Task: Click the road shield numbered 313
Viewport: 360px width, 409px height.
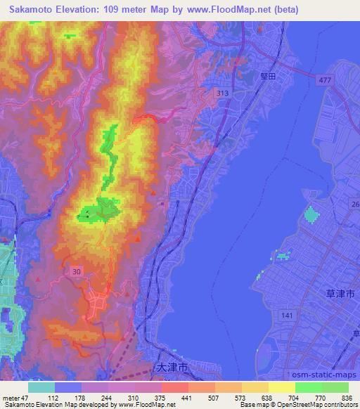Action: [x=223, y=93]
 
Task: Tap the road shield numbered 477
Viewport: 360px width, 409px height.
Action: [x=324, y=81]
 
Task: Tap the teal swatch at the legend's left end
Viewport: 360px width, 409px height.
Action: [x=42, y=387]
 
